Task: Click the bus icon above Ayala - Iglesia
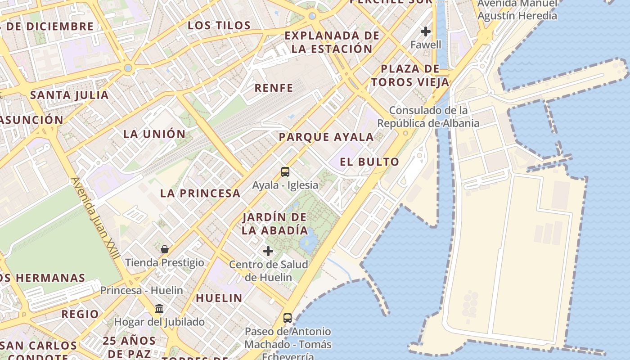coord(285,171)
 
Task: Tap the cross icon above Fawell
coord(426,31)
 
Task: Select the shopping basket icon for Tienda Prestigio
coord(165,249)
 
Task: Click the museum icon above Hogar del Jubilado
coord(159,309)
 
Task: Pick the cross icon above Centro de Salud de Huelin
coord(268,251)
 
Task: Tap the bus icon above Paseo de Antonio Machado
coord(288,318)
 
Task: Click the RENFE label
coord(274,88)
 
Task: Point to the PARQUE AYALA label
coord(326,137)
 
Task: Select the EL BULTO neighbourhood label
coord(369,162)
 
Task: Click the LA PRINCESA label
coord(200,193)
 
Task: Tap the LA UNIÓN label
coord(154,134)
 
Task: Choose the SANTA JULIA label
coord(69,95)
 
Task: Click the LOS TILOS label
coord(219,26)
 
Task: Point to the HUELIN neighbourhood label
coord(219,298)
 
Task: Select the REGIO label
coord(80,314)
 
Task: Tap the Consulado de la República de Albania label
coord(428,117)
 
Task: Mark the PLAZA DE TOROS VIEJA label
coord(409,76)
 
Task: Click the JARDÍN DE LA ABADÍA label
coord(274,224)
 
